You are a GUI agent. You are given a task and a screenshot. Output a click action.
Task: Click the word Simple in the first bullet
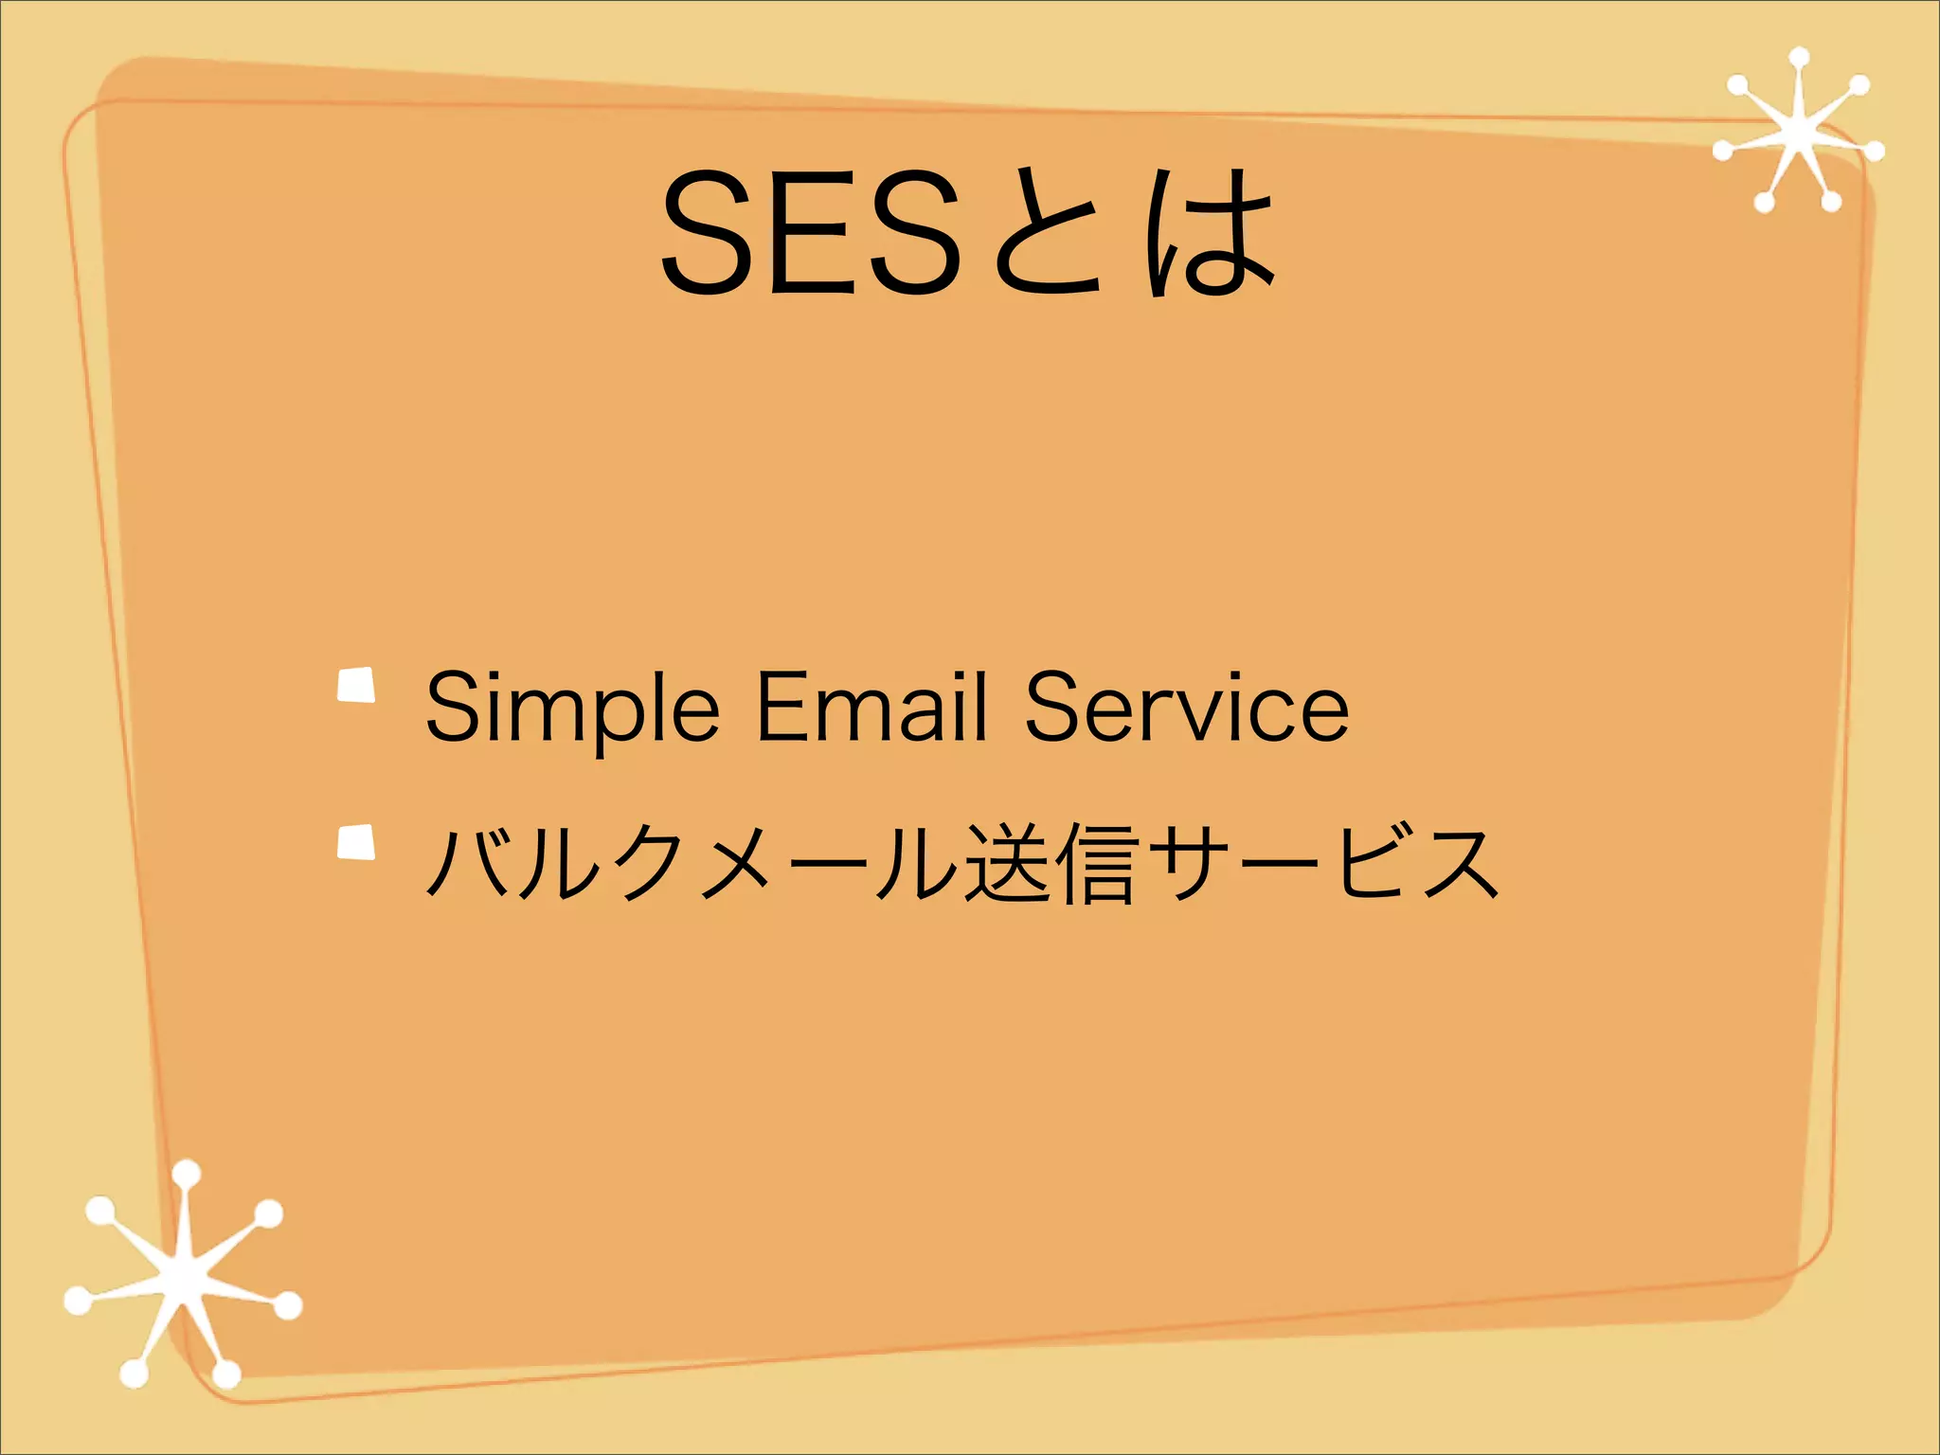(572, 709)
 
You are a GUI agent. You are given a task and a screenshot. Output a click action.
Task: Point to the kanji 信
(1095, 862)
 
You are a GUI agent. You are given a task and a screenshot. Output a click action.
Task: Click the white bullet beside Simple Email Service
(356, 686)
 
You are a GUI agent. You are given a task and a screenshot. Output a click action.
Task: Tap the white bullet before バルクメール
(356, 842)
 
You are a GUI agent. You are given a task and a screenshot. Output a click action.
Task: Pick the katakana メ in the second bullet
(734, 862)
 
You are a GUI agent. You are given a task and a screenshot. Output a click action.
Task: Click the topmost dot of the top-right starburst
(1799, 58)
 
